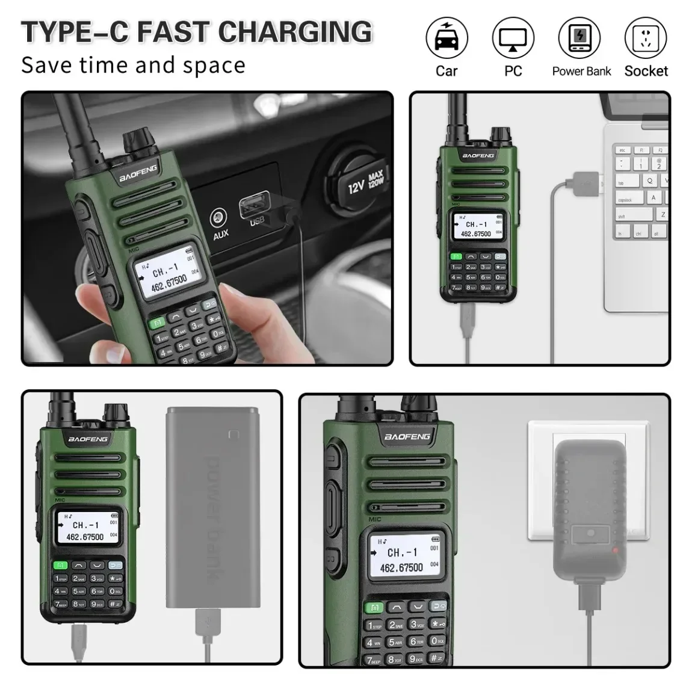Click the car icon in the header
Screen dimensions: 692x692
tap(446, 39)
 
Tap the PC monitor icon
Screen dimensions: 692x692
tap(513, 39)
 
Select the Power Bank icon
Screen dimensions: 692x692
tap(579, 39)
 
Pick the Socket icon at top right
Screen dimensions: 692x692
tap(646, 39)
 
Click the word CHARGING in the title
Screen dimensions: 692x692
tap(295, 32)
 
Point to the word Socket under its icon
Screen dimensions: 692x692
tap(646, 71)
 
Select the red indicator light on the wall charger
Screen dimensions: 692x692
tap(615, 551)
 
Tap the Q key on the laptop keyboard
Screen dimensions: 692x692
tap(650, 181)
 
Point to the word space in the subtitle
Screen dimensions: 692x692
tap(214, 65)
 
